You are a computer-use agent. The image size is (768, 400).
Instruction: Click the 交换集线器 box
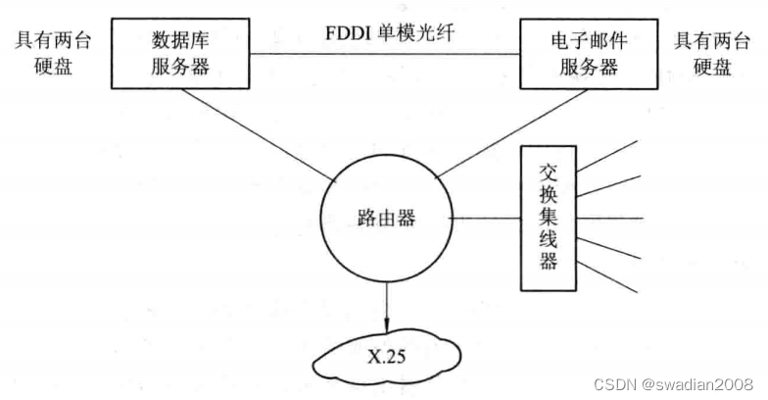point(548,219)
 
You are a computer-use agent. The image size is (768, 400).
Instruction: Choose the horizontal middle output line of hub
point(609,218)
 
